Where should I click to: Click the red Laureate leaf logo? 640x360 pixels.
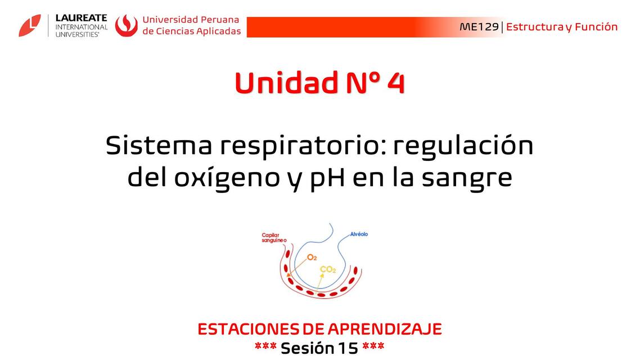tap(30, 25)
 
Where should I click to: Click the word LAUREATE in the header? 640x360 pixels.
tap(81, 18)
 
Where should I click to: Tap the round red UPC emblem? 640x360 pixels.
tap(127, 25)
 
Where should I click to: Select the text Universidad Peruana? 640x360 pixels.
tap(191, 20)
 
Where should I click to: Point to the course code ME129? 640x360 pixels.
tap(479, 27)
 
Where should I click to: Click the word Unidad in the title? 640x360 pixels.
tap(283, 83)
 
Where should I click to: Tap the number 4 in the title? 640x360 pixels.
tap(395, 83)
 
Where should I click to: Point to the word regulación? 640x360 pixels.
tap(463, 147)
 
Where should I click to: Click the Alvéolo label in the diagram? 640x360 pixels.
tap(359, 234)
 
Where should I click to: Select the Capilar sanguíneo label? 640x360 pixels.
tap(274, 238)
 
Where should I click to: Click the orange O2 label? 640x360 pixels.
tap(312, 257)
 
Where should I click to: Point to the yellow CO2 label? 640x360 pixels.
tap(327, 270)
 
